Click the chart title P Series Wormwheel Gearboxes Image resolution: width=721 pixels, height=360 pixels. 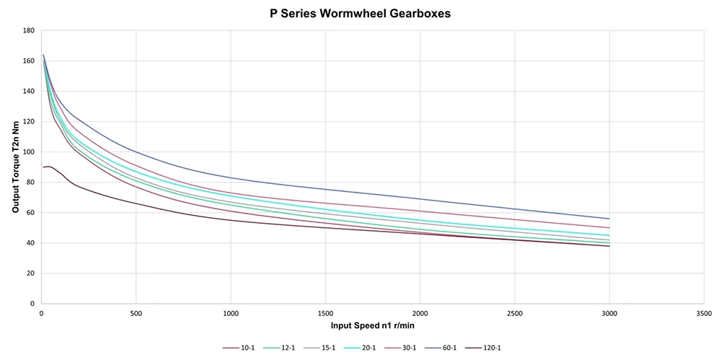[360, 13]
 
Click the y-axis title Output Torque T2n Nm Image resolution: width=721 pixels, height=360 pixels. [15, 167]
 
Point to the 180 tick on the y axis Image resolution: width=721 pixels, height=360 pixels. [29, 30]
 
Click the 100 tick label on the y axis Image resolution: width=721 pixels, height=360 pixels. [29, 152]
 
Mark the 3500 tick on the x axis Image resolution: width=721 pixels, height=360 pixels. [704, 314]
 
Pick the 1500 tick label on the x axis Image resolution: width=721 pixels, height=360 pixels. [325, 314]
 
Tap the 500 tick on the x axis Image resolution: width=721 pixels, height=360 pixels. [136, 314]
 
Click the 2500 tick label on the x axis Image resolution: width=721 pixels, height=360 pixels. [514, 314]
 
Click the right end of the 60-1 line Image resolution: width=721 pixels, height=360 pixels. [609, 219]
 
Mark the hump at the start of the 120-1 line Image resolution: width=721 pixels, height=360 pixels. [48, 167]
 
